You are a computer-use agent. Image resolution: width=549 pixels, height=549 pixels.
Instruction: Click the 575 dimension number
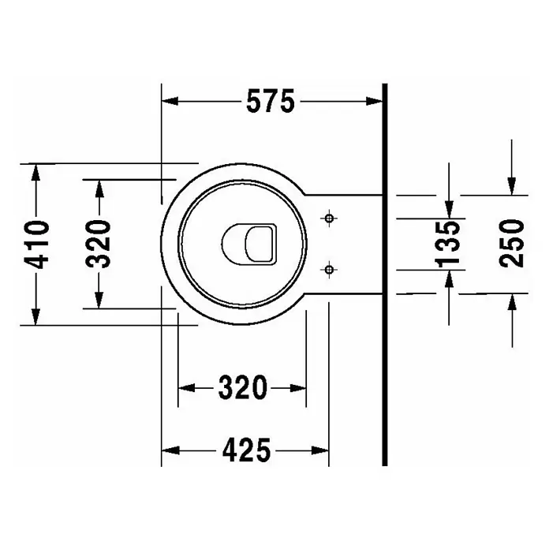271,101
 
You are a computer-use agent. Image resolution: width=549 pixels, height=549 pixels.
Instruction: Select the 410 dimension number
36,245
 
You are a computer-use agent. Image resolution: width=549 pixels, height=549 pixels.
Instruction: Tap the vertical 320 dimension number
99,244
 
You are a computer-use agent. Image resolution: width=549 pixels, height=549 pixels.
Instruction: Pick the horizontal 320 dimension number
243,388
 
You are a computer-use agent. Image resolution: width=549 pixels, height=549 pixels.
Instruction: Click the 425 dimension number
246,450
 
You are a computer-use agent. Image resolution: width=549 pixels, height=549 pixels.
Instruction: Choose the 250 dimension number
512,244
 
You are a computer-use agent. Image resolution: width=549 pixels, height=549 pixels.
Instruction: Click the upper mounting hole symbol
329,218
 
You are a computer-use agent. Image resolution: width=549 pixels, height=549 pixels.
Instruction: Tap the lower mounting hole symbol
329,270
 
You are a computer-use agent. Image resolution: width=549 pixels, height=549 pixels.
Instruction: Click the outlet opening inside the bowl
249,244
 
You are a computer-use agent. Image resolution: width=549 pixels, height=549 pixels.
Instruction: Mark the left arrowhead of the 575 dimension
170,101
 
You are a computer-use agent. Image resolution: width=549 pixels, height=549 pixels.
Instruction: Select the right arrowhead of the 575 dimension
374,101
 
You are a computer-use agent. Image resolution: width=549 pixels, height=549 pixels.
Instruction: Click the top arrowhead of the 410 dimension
35,172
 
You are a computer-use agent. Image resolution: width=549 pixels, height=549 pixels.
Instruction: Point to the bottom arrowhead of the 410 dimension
35,316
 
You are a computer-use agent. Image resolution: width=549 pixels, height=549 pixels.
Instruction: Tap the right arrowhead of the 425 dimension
320,450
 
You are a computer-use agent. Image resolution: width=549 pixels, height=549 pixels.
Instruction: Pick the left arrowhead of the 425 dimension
170,450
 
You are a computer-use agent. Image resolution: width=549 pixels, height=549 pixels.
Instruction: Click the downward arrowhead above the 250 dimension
512,186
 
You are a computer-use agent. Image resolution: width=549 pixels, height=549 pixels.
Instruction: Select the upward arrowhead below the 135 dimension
449,279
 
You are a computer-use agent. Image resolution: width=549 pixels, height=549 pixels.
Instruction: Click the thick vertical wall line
385,274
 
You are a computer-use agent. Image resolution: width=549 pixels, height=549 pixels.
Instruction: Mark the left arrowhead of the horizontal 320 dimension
187,388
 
